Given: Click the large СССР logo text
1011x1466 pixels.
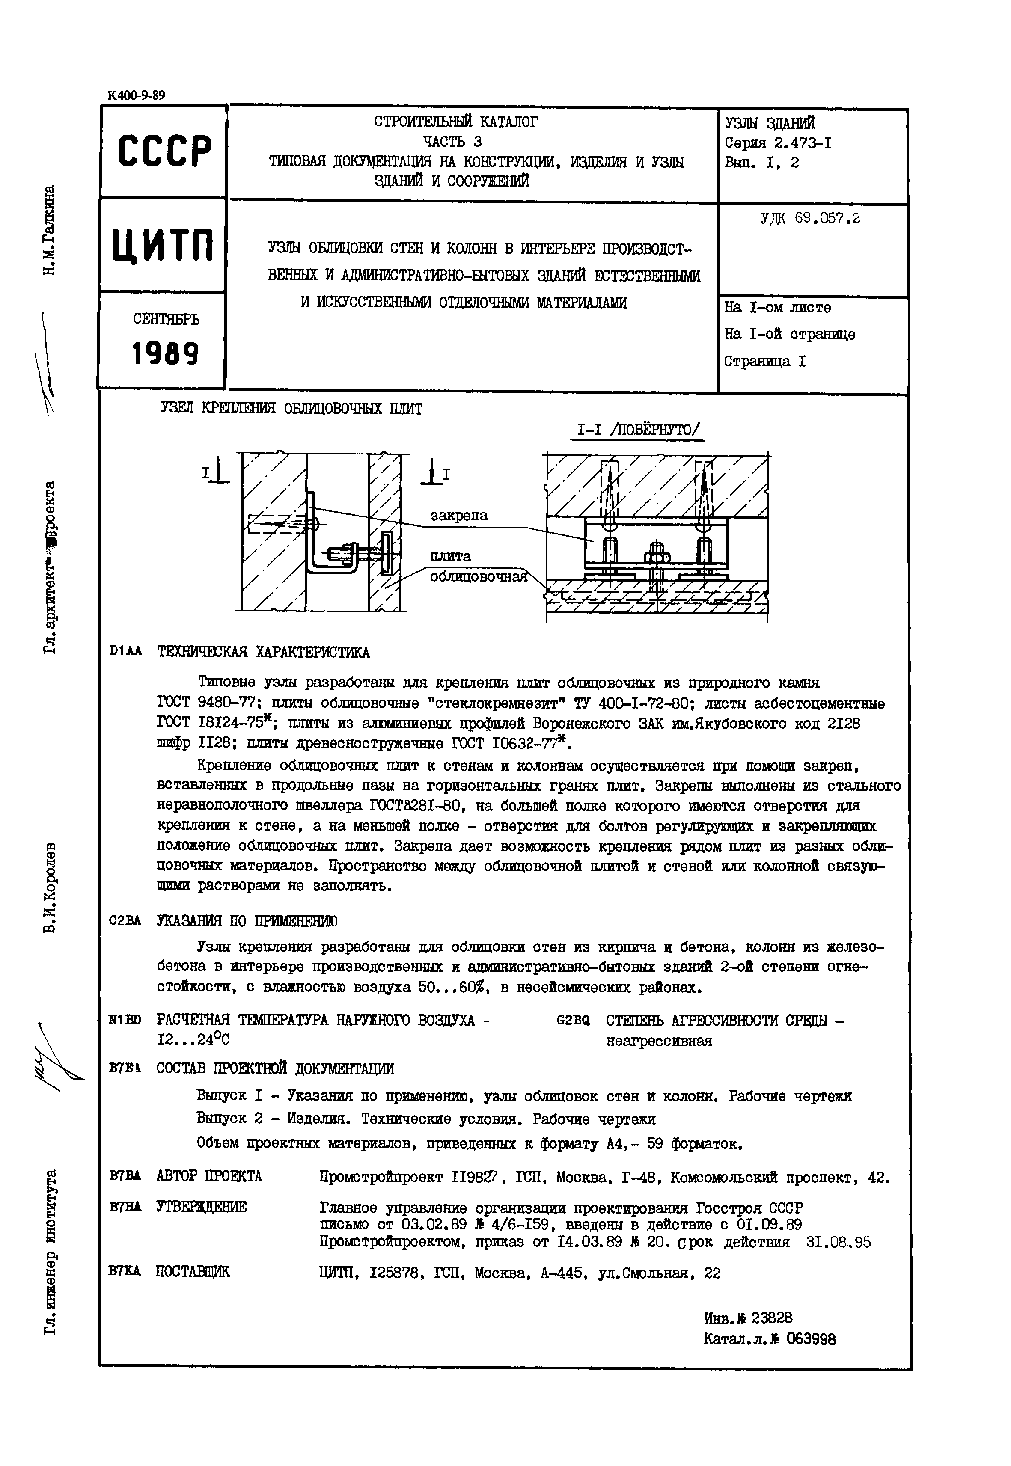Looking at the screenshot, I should click(164, 152).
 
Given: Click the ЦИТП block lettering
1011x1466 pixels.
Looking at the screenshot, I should click(164, 246).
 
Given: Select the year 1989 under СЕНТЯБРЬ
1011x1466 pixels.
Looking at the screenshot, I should click(165, 353).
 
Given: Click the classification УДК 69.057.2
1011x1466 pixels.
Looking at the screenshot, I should click(810, 219).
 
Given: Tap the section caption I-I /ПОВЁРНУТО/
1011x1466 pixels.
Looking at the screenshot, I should click(637, 430).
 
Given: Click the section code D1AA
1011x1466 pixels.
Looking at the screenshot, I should click(125, 652).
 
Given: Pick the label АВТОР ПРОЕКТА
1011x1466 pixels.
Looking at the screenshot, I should click(209, 1177).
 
